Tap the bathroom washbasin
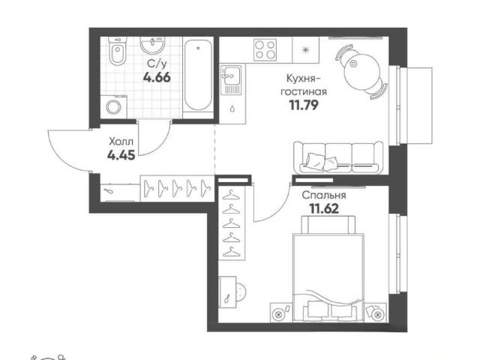[152, 45]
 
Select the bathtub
[198, 75]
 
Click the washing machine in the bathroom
[113, 106]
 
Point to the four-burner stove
[265, 49]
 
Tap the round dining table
[361, 72]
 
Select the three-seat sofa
[338, 158]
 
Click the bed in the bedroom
[328, 268]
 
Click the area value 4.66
[157, 77]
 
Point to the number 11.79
[304, 105]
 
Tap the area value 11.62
[324, 208]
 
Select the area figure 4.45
[121, 155]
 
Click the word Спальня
[324, 195]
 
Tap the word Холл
[121, 142]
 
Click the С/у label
[157, 64]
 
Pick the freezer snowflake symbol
[305, 50]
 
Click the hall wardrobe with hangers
[177, 188]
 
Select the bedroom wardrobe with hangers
[232, 223]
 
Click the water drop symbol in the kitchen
[232, 109]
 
